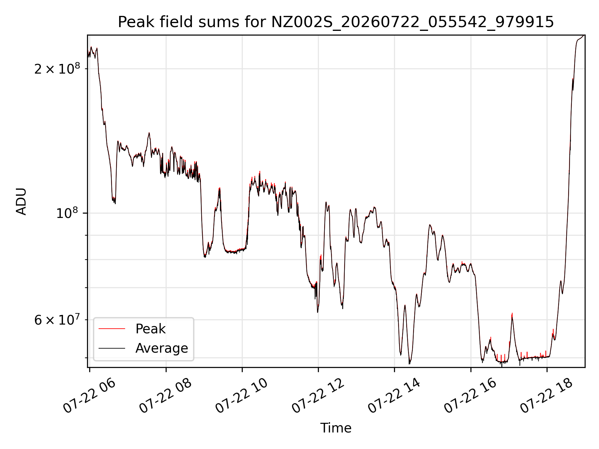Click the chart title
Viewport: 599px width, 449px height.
click(x=336, y=22)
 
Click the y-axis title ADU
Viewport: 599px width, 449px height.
click(x=21, y=201)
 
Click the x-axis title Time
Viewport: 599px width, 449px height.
click(x=336, y=428)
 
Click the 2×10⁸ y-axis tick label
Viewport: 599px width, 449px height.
click(x=57, y=68)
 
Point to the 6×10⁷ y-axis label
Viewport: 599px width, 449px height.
click(x=57, y=320)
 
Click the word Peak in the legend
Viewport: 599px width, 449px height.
click(x=150, y=329)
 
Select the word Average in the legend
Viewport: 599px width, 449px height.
click(x=162, y=348)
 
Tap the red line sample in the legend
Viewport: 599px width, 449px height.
click(x=112, y=329)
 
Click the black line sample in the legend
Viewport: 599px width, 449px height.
click(x=112, y=348)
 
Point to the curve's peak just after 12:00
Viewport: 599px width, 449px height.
click(x=326, y=202)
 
